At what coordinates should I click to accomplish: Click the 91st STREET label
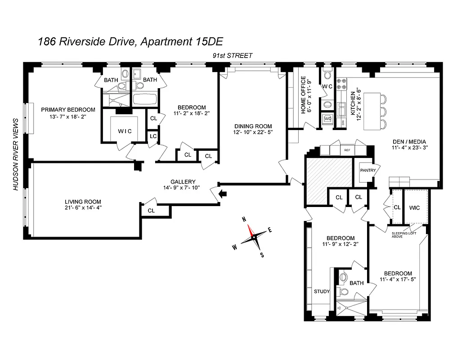(233, 55)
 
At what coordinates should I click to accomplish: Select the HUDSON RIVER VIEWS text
(16, 154)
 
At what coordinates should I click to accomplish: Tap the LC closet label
(153, 135)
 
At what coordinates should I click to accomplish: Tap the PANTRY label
(367, 171)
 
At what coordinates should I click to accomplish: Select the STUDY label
(322, 291)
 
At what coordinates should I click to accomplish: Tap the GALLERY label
(183, 181)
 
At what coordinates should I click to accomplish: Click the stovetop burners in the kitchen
(342, 84)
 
